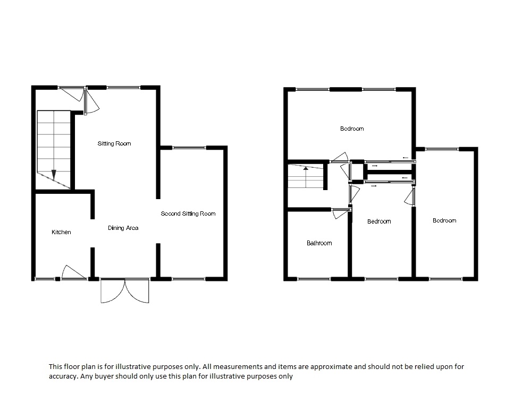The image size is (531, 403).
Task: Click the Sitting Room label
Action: click(114, 143)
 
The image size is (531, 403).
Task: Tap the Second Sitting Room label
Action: click(188, 213)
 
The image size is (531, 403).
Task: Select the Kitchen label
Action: click(61, 232)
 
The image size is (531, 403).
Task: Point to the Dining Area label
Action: click(123, 228)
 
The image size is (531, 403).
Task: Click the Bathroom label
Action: click(319, 243)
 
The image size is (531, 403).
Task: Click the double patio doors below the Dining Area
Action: click(125, 290)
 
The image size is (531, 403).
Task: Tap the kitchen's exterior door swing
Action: click(73, 272)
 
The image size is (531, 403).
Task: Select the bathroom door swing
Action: click(340, 214)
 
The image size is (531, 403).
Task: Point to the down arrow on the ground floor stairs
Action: click(54, 175)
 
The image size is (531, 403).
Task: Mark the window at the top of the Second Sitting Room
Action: click(189, 148)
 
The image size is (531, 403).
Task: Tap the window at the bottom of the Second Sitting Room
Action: click(189, 279)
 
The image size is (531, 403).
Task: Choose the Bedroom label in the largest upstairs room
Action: click(352, 128)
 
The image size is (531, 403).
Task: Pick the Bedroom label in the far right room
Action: click(444, 221)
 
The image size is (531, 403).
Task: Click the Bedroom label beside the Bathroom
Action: click(379, 221)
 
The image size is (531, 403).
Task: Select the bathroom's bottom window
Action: click(314, 279)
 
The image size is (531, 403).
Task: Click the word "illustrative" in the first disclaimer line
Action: click(133, 366)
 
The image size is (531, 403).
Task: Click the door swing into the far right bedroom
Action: click(410, 197)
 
